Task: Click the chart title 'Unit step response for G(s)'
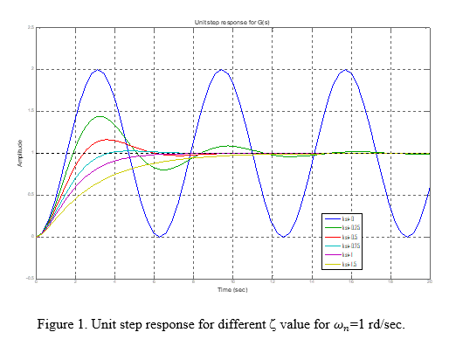[231, 21]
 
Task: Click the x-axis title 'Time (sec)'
[231, 288]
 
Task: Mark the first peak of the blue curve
[98, 70]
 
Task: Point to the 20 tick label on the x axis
[429, 281]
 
